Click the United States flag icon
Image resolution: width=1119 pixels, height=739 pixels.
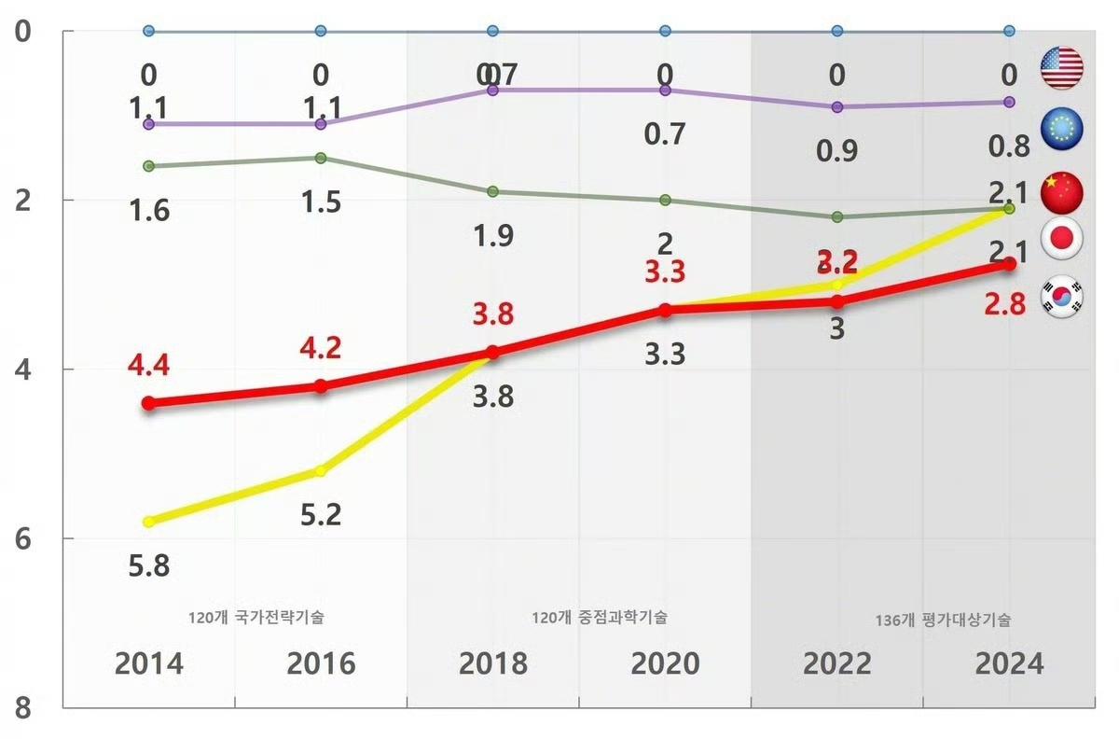pyautogui.click(x=1061, y=68)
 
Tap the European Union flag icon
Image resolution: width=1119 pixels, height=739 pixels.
pyautogui.click(x=1061, y=131)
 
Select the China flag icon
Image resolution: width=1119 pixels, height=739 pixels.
pyautogui.click(x=1061, y=192)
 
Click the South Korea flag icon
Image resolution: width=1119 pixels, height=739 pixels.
pyautogui.click(x=1062, y=296)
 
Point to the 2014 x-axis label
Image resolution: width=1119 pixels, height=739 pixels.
pyautogui.click(x=149, y=663)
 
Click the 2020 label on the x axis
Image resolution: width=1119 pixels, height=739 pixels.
pyautogui.click(x=665, y=663)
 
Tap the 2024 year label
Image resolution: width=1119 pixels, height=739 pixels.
pyautogui.click(x=1009, y=663)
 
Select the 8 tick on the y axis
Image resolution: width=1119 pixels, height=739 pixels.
pyautogui.click(x=22, y=708)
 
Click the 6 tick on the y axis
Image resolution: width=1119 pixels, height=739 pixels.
pyautogui.click(x=22, y=538)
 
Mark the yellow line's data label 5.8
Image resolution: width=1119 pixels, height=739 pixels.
pyautogui.click(x=149, y=565)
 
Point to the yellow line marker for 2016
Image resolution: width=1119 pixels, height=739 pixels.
pyautogui.click(x=321, y=471)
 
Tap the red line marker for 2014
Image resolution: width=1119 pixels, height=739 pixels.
pyautogui.click(x=148, y=403)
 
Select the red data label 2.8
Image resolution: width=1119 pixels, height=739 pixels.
pyautogui.click(x=1004, y=303)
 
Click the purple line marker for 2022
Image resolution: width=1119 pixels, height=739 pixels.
pyautogui.click(x=836, y=106)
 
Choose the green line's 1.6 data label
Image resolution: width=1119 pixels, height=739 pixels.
pyautogui.click(x=149, y=210)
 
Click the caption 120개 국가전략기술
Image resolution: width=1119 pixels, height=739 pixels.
pyautogui.click(x=256, y=617)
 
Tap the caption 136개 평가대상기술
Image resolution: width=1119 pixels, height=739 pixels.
pyautogui.click(x=943, y=620)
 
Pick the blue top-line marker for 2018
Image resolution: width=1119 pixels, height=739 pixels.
pyautogui.click(x=492, y=31)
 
